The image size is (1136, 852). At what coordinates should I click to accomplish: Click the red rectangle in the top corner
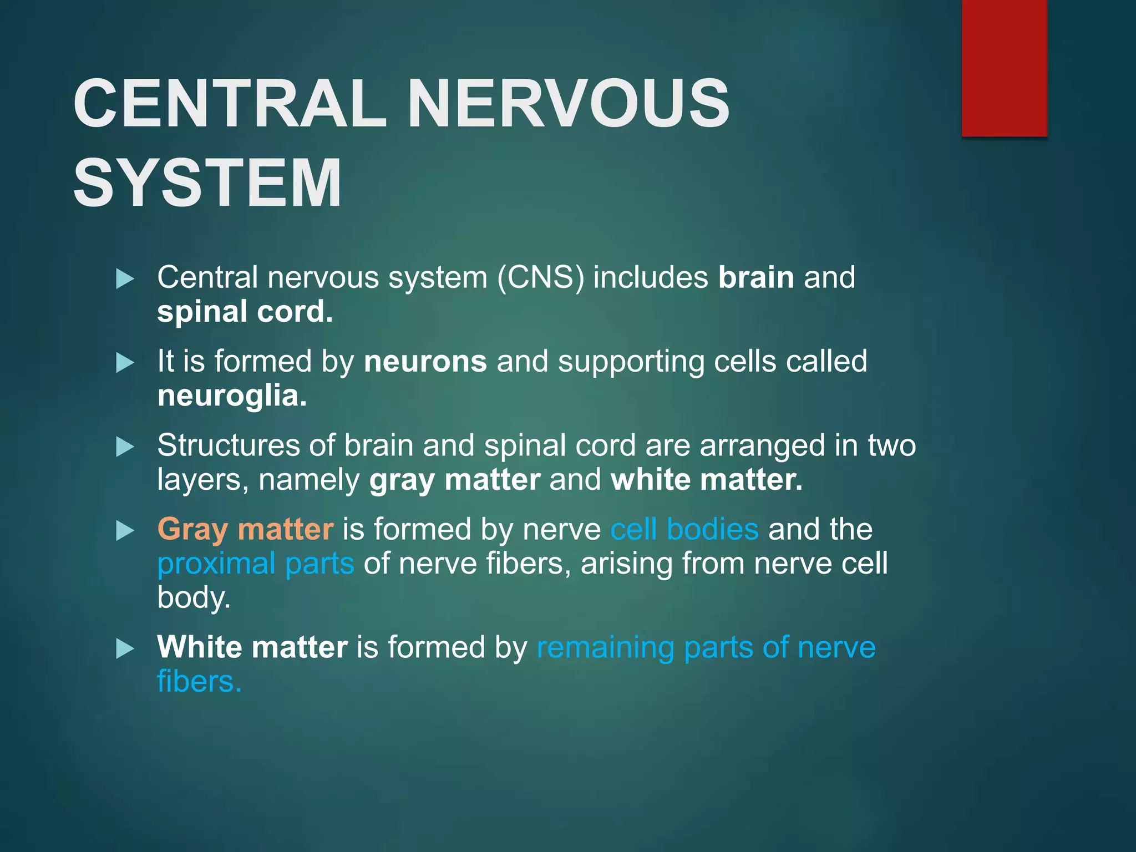pyautogui.click(x=1004, y=68)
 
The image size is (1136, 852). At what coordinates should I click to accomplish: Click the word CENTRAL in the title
pyautogui.click(x=230, y=104)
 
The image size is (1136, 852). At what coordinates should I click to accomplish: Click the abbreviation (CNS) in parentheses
pyautogui.click(x=540, y=277)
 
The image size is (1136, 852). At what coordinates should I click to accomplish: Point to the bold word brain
pyautogui.click(x=755, y=277)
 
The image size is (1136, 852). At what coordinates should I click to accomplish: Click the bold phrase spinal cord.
pyautogui.click(x=245, y=312)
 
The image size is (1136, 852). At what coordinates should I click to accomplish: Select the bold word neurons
pyautogui.click(x=425, y=362)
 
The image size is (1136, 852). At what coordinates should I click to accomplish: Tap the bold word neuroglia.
pyautogui.click(x=232, y=396)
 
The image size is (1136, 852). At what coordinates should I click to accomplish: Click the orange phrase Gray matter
pyautogui.click(x=245, y=529)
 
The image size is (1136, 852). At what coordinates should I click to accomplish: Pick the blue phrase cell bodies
pyautogui.click(x=684, y=529)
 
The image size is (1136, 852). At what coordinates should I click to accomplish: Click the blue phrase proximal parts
pyautogui.click(x=255, y=564)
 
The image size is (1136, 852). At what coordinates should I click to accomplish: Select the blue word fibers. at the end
pyautogui.click(x=199, y=682)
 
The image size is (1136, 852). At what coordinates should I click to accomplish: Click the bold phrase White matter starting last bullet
pyautogui.click(x=252, y=647)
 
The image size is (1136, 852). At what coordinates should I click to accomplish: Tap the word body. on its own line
pyautogui.click(x=194, y=598)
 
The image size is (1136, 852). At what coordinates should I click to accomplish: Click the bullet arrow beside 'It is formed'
pyautogui.click(x=125, y=364)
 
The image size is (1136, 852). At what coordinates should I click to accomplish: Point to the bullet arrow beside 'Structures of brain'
pyautogui.click(x=125, y=447)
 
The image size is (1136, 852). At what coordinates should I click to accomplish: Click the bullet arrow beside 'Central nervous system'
pyautogui.click(x=125, y=279)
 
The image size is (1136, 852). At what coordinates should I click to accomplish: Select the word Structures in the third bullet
pyautogui.click(x=227, y=445)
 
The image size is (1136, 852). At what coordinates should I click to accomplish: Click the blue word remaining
pyautogui.click(x=605, y=647)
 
